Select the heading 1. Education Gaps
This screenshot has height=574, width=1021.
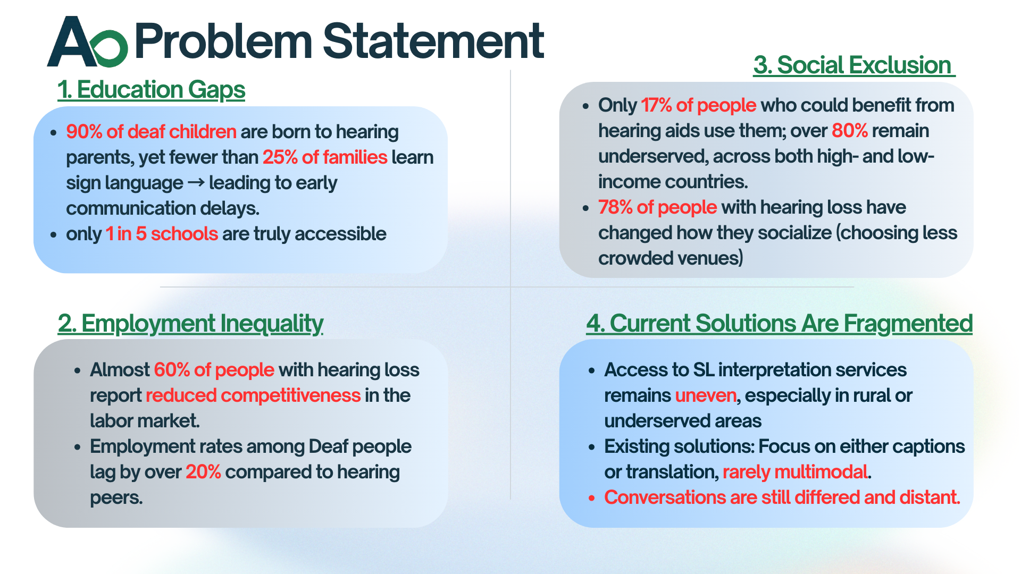[x=151, y=89]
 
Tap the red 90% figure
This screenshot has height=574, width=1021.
[x=84, y=131]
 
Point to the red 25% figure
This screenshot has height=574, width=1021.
[x=280, y=157]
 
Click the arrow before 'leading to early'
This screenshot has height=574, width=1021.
[x=196, y=182]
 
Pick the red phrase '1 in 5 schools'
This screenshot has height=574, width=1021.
[x=162, y=233]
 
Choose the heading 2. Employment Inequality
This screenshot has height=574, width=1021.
[x=190, y=323]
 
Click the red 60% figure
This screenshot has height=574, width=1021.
[x=172, y=369]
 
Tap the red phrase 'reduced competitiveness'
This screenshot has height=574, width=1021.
[x=253, y=395]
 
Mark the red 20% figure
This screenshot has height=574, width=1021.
[x=203, y=471]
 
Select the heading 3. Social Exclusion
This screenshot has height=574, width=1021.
[x=854, y=65]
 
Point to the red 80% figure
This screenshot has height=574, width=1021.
[x=850, y=130]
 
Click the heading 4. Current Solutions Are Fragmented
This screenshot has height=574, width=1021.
[x=780, y=323]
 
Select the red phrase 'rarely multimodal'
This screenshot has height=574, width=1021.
[x=795, y=471]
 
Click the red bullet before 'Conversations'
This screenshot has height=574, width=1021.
[x=591, y=498]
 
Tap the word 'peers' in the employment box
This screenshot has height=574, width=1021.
[x=115, y=498]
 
